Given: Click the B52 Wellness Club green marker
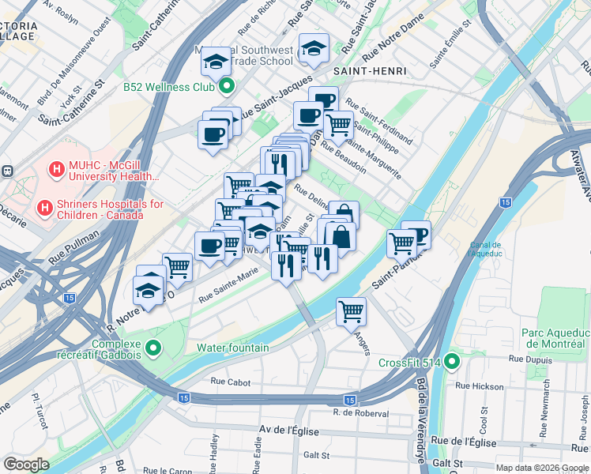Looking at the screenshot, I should point(228,86).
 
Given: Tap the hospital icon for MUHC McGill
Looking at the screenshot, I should point(56,168).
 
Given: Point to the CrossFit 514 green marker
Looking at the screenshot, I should point(452,363).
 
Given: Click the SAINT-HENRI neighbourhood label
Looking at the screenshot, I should point(370,71).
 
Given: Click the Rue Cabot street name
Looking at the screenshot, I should point(231,382).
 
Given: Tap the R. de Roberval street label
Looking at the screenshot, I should point(361,413).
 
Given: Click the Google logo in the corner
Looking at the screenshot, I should point(26,465).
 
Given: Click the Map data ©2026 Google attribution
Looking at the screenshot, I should point(541,468).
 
